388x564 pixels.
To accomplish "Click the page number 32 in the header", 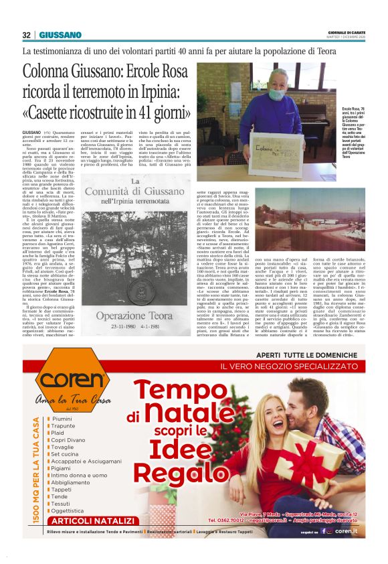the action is click(x=27, y=35).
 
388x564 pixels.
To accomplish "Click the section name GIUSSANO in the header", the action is click(x=60, y=35).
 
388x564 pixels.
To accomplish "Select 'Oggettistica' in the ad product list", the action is click(x=74, y=510).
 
